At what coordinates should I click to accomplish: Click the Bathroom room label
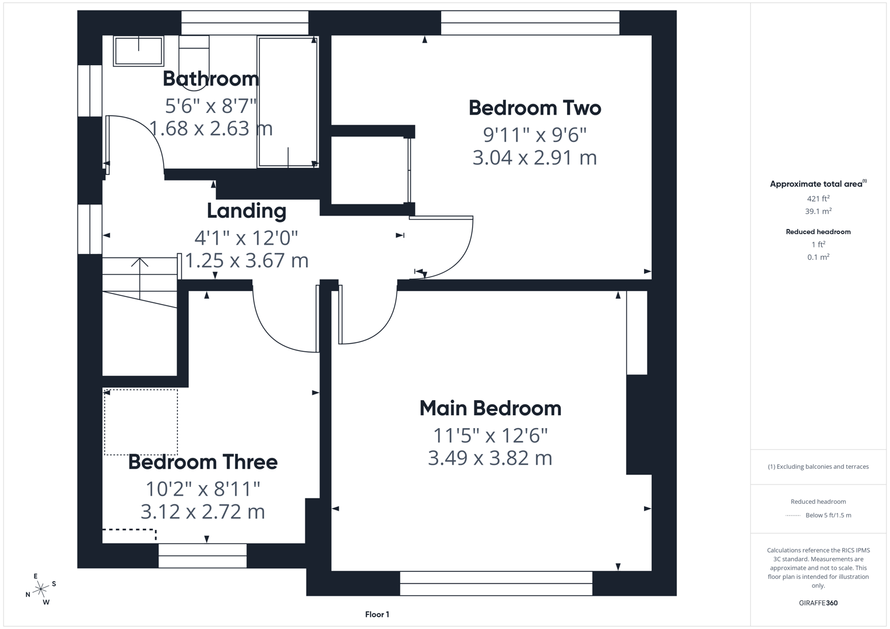pyautogui.click(x=210, y=79)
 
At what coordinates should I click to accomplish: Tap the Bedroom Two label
pyautogui.click(x=534, y=108)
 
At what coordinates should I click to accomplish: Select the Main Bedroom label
pyautogui.click(x=490, y=408)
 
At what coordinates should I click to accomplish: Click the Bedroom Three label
pyautogui.click(x=202, y=462)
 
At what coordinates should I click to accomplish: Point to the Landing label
pyautogui.click(x=246, y=211)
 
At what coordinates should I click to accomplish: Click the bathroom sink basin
pyautogui.click(x=138, y=51)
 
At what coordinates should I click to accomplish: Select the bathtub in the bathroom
pyautogui.click(x=287, y=102)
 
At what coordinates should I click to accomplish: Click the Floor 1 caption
pyautogui.click(x=377, y=614)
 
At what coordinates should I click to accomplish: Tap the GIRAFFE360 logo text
pyautogui.click(x=818, y=603)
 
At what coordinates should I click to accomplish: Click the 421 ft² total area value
pyautogui.click(x=818, y=199)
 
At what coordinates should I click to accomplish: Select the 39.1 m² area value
pyautogui.click(x=818, y=211)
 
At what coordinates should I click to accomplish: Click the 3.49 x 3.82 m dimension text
pyautogui.click(x=490, y=458)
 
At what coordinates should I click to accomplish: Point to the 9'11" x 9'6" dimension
pyautogui.click(x=534, y=135)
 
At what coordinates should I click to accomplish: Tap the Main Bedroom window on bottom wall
pyautogui.click(x=496, y=583)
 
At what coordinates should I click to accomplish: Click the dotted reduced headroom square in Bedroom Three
pyautogui.click(x=140, y=422)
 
